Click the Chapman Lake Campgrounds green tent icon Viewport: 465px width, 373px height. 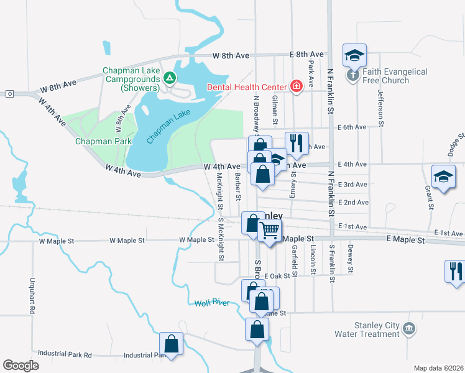coord(170,78)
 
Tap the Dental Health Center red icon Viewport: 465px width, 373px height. coord(296,86)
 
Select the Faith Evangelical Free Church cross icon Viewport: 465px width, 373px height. coord(353,76)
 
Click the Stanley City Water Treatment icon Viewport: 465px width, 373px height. coord(409,328)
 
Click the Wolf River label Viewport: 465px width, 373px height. coord(213,303)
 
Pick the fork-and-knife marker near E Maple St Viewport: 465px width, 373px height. coord(455,271)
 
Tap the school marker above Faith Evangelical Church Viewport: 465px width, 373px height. coord(354,55)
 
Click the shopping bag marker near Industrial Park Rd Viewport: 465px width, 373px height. coord(171,344)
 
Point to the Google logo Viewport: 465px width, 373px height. coord(21,366)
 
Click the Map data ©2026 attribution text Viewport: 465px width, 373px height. coord(438,368)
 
